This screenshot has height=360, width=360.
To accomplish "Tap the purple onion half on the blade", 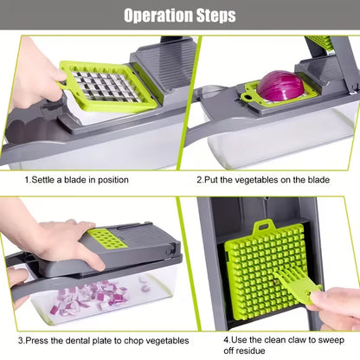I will [280, 87].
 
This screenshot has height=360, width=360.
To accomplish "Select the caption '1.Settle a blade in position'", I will [76, 180].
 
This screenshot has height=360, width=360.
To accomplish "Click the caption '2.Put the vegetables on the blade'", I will [263, 180].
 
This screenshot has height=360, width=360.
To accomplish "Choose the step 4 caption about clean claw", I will [274, 341].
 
